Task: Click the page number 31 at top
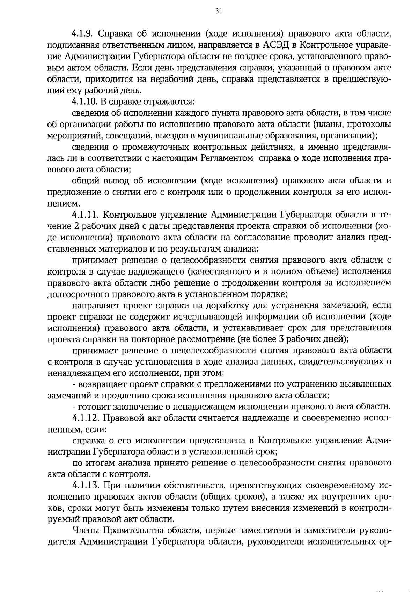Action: [209, 11]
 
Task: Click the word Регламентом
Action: [227, 159]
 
